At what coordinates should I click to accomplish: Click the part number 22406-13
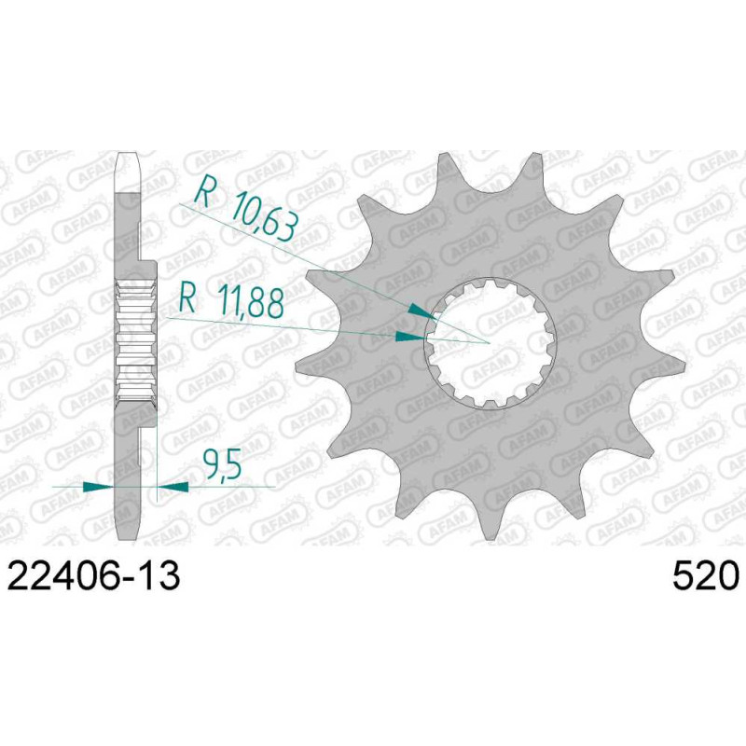point(94,575)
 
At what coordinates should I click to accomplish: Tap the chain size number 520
point(706,575)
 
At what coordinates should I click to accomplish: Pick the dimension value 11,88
point(250,301)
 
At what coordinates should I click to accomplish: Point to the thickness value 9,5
point(222,463)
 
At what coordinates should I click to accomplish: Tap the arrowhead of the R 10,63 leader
point(422,311)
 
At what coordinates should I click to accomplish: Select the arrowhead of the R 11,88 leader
point(410,337)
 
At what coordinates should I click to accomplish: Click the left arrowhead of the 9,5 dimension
point(99,487)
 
